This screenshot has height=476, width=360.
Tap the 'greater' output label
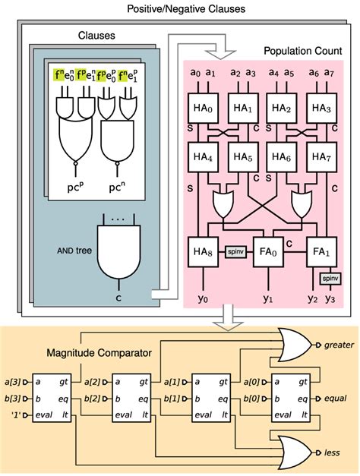(x=339, y=345)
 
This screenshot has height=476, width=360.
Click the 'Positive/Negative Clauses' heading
(x=181, y=8)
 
